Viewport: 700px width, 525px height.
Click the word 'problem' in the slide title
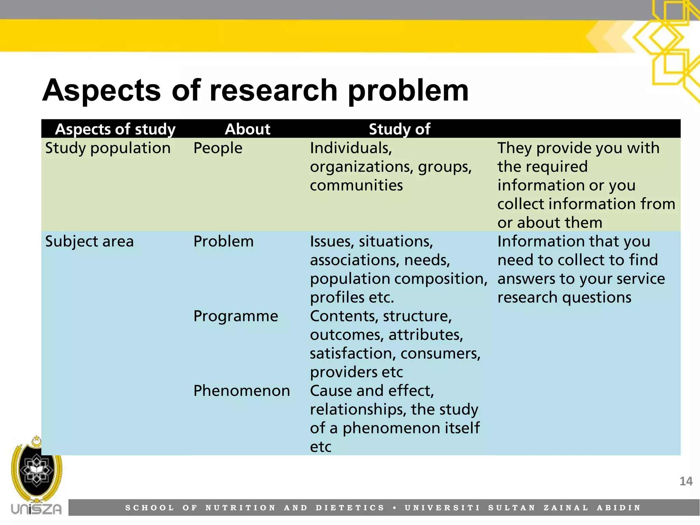(x=408, y=91)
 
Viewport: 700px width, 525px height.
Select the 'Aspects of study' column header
(x=115, y=129)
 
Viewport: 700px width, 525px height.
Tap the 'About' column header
(x=247, y=129)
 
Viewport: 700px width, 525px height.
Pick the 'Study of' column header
(x=399, y=129)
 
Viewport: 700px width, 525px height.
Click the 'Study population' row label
(x=108, y=148)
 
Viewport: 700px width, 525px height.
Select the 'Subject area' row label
(x=89, y=241)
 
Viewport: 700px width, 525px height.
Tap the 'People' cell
(x=218, y=148)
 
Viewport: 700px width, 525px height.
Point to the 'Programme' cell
(x=235, y=316)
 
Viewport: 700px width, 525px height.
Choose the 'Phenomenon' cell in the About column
(x=241, y=391)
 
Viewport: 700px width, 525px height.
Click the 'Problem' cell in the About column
(x=223, y=241)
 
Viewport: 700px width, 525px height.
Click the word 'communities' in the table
(x=356, y=185)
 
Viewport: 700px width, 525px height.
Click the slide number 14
(x=686, y=481)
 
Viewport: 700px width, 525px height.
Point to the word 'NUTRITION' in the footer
(x=240, y=508)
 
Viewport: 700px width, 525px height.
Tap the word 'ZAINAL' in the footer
(x=566, y=508)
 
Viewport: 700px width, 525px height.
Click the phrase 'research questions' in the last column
(x=564, y=297)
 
